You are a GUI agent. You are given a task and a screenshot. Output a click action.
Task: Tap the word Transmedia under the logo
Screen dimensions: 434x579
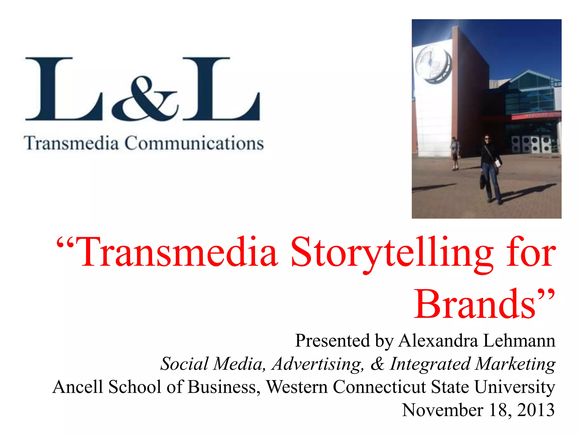tap(71, 143)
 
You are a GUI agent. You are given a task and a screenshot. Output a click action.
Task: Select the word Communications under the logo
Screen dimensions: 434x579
tap(194, 143)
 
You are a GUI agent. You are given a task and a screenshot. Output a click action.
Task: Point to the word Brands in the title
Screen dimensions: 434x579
tap(475, 304)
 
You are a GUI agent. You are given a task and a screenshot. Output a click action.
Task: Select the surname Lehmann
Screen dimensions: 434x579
tap(519, 340)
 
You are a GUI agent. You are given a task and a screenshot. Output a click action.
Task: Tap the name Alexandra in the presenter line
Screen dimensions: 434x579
tap(438, 340)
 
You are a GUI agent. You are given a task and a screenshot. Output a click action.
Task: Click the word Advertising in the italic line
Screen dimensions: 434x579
tap(317, 364)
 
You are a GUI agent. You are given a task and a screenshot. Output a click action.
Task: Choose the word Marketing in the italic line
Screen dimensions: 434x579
tap(515, 364)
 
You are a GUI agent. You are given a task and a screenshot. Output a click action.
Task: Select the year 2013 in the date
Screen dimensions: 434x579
tap(536, 410)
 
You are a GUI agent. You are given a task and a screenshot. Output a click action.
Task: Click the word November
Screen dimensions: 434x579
tap(442, 410)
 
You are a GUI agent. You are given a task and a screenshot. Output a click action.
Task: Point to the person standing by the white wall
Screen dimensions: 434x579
tap(455, 153)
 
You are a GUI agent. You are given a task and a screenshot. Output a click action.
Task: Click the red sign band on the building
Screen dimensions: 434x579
tap(536, 116)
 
